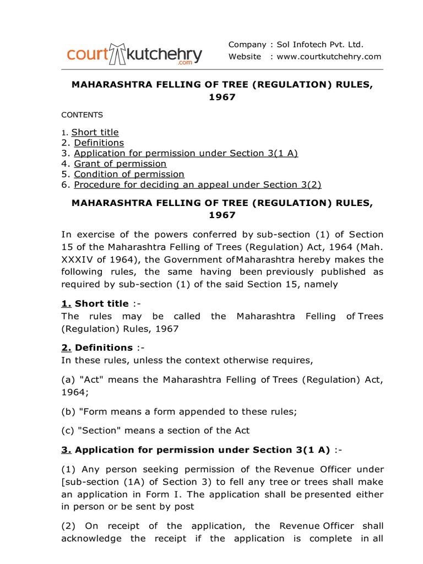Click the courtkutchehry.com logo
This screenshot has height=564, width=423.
point(134,56)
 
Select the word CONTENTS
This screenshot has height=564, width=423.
point(82,115)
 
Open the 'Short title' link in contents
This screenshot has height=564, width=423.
point(95,132)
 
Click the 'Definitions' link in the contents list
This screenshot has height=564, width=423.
point(99,143)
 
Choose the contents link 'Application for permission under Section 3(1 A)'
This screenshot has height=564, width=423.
point(186,153)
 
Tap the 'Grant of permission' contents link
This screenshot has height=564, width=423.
point(120,164)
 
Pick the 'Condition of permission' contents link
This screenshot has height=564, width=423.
point(129,174)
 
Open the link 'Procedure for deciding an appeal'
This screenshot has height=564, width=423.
point(197,185)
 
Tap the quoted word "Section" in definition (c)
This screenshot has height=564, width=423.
point(96,430)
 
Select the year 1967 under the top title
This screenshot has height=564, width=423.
point(222,97)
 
